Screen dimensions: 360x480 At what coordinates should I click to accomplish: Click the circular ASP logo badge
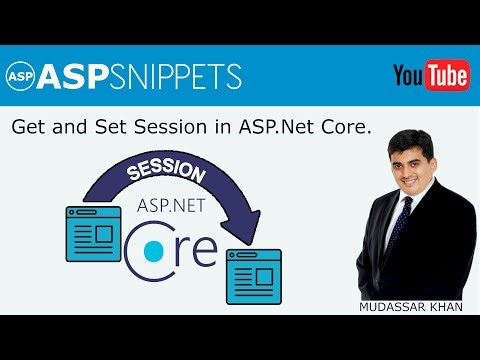click(x=20, y=76)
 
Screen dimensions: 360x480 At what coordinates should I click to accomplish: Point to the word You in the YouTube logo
click(x=409, y=75)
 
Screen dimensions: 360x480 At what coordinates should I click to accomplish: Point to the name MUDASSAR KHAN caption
click(x=412, y=308)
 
